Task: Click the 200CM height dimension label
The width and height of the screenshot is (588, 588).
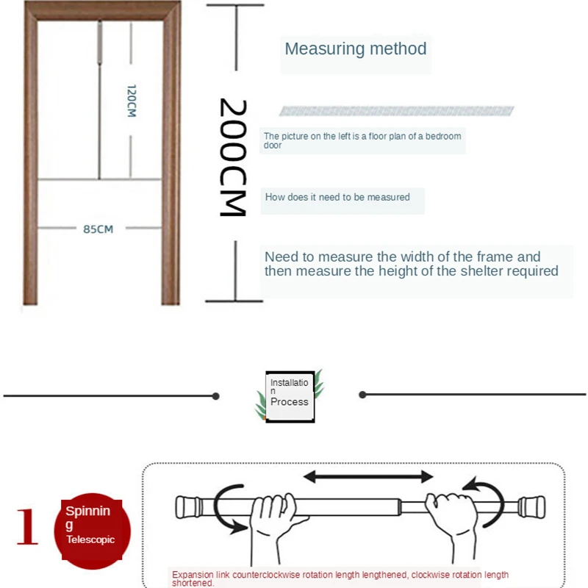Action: tap(233, 157)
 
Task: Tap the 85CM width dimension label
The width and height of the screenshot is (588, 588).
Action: tap(98, 229)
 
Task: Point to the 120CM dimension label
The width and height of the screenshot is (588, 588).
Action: tap(132, 101)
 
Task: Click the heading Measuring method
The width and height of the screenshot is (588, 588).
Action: tap(355, 49)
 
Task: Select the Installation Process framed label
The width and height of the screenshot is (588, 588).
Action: tap(290, 396)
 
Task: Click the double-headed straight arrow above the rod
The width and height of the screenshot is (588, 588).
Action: tap(368, 477)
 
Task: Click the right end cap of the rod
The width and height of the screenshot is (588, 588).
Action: tap(532, 507)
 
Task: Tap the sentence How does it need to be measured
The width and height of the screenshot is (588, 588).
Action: tap(337, 197)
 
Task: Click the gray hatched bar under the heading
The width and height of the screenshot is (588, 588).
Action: tap(396, 111)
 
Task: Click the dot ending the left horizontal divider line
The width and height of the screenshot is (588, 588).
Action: tap(215, 396)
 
